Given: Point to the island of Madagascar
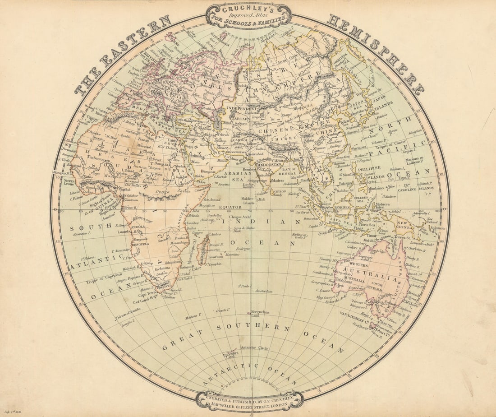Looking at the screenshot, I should tap(202, 249).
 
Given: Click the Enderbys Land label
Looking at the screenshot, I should tap(230, 355).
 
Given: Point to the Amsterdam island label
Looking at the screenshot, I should tap(264, 292).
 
